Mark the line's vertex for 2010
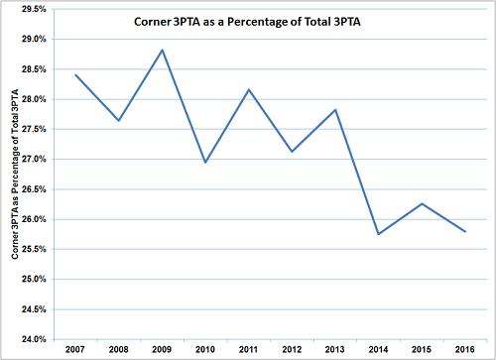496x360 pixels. [x=205, y=162]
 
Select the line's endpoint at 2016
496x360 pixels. [x=463, y=231]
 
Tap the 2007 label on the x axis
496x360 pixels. [x=75, y=350]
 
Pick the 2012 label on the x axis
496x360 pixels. [x=292, y=350]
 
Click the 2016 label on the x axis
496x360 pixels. [x=463, y=350]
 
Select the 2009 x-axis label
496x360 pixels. [x=162, y=350]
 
